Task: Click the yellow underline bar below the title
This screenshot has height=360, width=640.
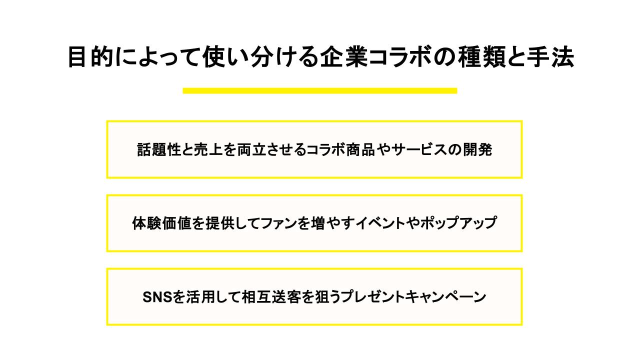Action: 320,90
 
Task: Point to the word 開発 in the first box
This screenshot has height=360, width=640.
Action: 479,149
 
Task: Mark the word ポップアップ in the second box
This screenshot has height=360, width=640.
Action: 458,223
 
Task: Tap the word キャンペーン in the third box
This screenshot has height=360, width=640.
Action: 446,297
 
